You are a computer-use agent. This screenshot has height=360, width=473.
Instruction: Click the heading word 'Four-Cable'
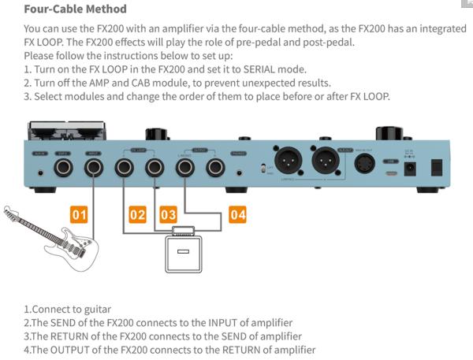[56, 9]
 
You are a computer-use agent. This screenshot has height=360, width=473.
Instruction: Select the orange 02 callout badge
[138, 213]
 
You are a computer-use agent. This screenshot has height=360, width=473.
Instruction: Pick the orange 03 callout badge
[168, 213]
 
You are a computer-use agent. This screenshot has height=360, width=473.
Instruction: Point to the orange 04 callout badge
[238, 213]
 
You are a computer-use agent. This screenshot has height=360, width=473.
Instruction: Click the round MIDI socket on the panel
[364, 163]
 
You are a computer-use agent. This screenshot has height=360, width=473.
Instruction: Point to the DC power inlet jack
[410, 168]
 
